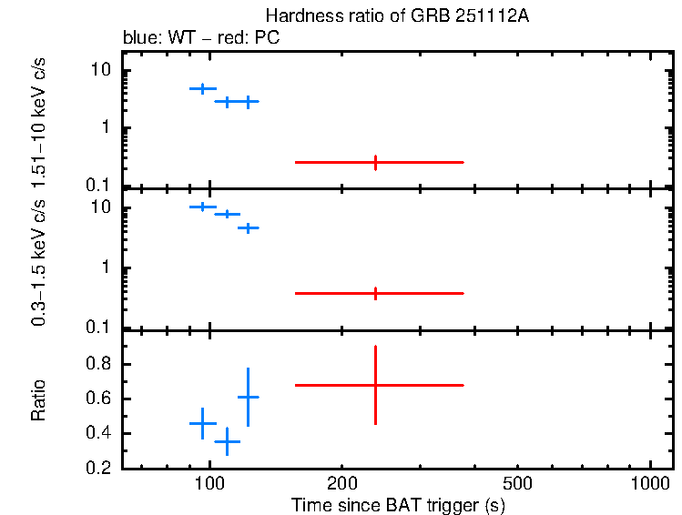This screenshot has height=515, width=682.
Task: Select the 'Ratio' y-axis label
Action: click(39, 399)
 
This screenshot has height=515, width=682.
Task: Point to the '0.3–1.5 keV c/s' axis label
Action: click(39, 264)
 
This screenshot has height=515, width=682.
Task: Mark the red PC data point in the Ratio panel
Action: click(375, 385)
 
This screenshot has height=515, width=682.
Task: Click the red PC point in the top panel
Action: click(375, 162)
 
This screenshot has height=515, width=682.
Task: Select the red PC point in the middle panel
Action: click(375, 293)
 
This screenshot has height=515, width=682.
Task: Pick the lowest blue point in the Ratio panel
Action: click(227, 441)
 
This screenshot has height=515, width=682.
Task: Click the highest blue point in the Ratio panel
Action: click(248, 397)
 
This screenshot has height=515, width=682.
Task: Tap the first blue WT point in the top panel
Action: click(202, 88)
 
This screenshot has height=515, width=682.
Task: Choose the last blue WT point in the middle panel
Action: click(248, 227)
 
